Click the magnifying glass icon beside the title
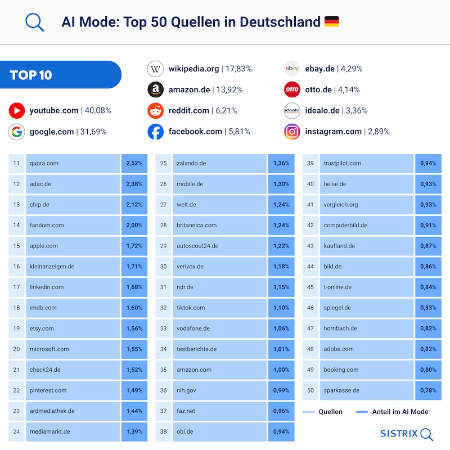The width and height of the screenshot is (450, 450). [34, 22]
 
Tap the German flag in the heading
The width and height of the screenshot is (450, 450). [331, 22]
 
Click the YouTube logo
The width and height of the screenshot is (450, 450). [17, 110]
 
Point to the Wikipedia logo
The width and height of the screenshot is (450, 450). [155, 69]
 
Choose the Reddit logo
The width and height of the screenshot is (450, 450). [155, 111]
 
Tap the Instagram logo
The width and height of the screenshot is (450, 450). [292, 132]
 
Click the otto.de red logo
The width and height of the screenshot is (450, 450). [292, 89]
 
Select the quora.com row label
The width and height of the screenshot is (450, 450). [44, 163]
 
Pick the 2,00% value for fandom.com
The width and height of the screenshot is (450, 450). [134, 225]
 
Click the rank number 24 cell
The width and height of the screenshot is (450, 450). [16, 431]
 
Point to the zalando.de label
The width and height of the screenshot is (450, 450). [191, 163]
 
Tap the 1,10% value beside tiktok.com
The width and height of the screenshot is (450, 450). [281, 308]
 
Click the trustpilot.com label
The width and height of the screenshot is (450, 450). [342, 163]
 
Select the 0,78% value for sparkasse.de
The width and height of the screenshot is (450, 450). [428, 390]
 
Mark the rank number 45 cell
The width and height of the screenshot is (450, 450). [310, 287]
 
